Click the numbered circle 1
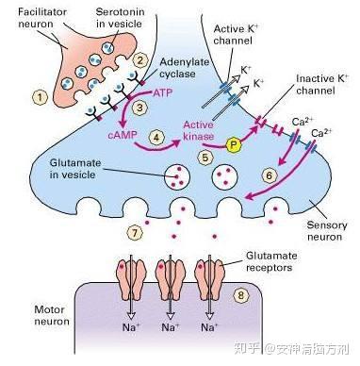pos(40,97)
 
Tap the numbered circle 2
pos(140,59)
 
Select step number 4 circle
pos(156,138)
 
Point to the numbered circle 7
pos(135,233)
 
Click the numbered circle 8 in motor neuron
pos(241,296)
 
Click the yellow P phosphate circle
pos(233,145)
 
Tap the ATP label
pos(162,93)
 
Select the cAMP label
pos(123,135)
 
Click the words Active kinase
pos(199,130)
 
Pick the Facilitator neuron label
pos(42,18)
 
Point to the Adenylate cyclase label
pos(184,68)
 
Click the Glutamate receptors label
pos(270,261)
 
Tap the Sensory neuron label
pos(322,231)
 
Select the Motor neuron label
pos(52,315)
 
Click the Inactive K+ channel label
pos(322,84)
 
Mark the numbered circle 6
pos(270,175)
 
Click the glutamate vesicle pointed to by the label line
pos(177,176)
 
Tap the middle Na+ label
pos(171,327)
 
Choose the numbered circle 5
pos(205,158)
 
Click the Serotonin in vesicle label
pos(120,18)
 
